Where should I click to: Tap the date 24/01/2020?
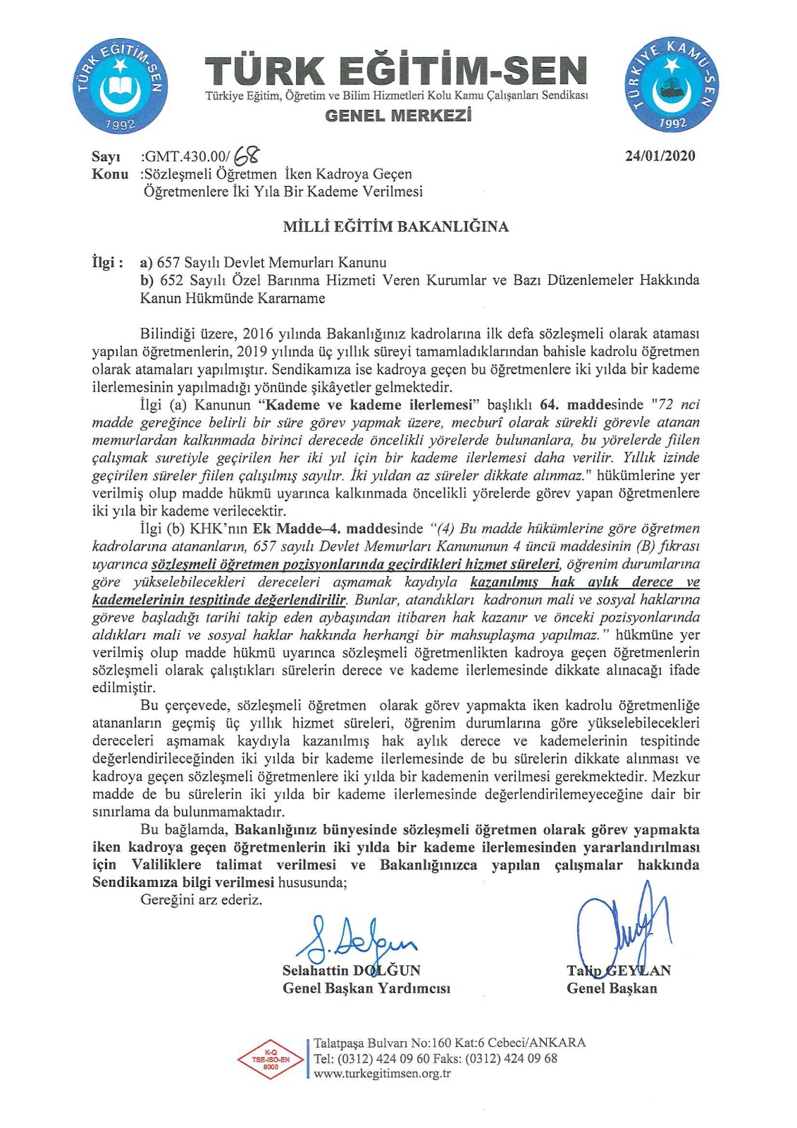coord(660,157)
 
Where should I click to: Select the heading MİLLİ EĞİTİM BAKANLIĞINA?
coord(395,227)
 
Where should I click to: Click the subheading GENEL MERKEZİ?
coord(398,116)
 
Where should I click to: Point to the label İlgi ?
coord(108,263)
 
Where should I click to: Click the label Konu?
coord(110,174)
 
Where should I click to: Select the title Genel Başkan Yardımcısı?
coord(366,988)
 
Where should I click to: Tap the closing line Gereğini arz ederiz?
coord(202,900)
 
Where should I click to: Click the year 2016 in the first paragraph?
coord(258,333)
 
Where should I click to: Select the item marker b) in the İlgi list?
coord(147,280)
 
